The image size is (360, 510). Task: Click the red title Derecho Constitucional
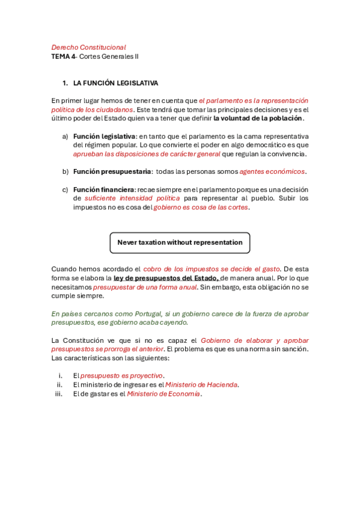[88, 47]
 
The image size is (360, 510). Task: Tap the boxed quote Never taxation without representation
[180, 242]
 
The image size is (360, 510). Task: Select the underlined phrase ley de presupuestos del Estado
[166, 278]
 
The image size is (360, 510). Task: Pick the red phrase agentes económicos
[272, 171]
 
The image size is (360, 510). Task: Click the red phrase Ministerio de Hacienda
[202, 385]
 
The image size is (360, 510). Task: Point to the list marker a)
[65, 136]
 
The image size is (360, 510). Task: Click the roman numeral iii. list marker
[59, 394]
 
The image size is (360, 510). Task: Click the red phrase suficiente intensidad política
[132, 198]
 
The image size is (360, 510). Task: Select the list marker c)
[65, 189]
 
